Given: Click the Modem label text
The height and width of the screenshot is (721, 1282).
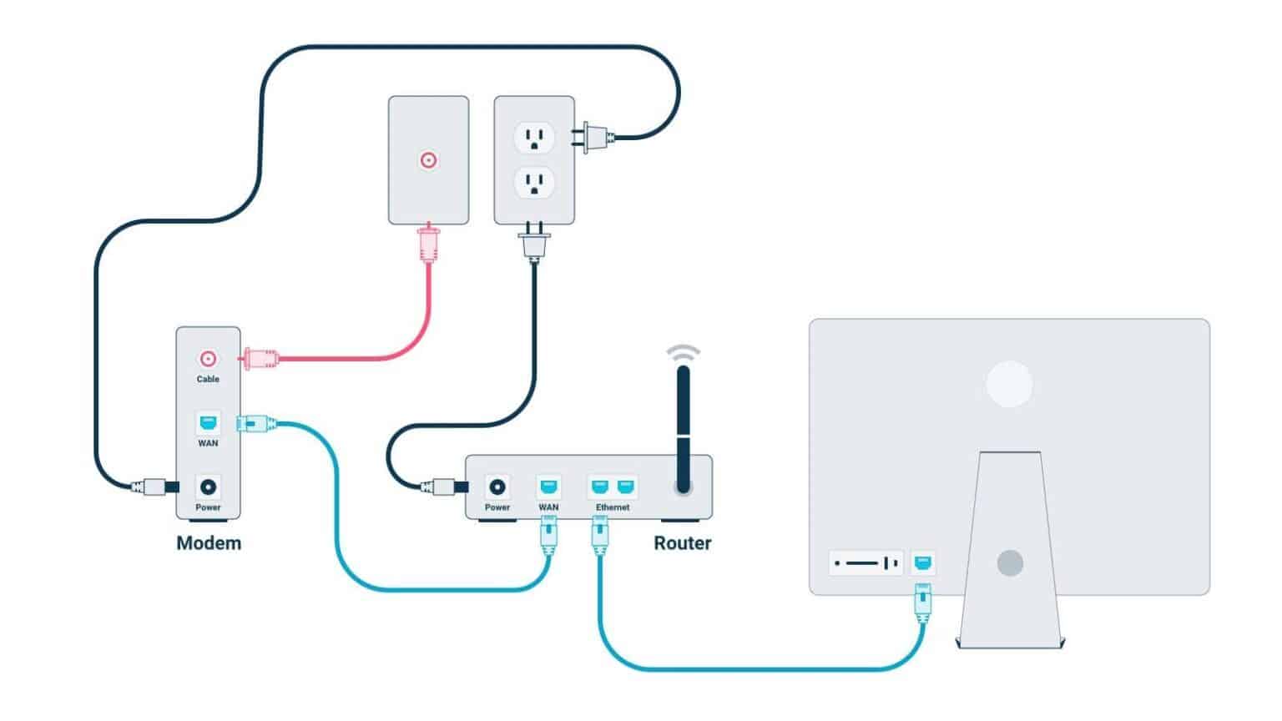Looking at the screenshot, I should tap(209, 543).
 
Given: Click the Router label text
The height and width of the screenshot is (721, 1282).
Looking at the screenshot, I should tap(682, 543).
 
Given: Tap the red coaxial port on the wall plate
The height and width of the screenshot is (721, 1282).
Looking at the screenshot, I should tap(428, 160).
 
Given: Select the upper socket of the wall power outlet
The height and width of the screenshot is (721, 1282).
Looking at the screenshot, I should tap(534, 136).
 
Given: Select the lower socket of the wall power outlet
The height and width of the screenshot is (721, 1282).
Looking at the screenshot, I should tap(534, 183).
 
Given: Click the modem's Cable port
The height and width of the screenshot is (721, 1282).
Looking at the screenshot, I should tap(208, 359).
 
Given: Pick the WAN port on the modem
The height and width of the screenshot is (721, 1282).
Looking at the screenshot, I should tap(208, 422).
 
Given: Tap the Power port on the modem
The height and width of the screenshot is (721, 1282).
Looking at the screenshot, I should tap(208, 487).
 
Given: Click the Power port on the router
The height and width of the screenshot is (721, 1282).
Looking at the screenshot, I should tap(498, 487).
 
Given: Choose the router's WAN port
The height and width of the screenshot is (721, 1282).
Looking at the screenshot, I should tap(548, 487).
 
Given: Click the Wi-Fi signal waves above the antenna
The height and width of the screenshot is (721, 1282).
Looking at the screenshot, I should tap(684, 352).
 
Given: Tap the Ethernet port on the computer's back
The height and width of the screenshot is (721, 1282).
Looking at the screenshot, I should tap(922, 563).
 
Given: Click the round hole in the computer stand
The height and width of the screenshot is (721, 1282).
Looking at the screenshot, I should tap(1010, 563).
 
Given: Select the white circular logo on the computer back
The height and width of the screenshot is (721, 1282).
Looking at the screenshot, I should tap(1009, 384).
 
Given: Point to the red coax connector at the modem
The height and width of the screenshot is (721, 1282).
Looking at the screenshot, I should tap(260, 359).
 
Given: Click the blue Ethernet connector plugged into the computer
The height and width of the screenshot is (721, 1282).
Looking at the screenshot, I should tap(922, 603).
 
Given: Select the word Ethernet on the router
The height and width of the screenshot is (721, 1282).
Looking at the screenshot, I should tap(613, 507).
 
